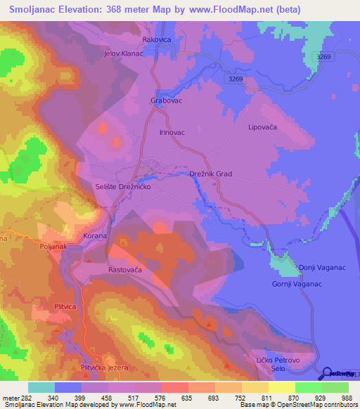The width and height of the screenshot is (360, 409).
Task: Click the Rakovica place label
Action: (158, 40)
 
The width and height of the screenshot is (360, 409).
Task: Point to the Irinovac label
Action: (172, 132)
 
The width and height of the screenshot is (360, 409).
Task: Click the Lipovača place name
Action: (263, 127)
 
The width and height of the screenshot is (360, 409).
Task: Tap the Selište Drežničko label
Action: (123, 188)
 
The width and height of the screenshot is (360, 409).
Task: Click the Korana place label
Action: (95, 236)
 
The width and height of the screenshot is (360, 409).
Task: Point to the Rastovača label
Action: (125, 270)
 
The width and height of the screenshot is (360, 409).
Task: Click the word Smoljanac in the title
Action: (37, 10)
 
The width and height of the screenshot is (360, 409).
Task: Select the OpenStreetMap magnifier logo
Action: (328, 372)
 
